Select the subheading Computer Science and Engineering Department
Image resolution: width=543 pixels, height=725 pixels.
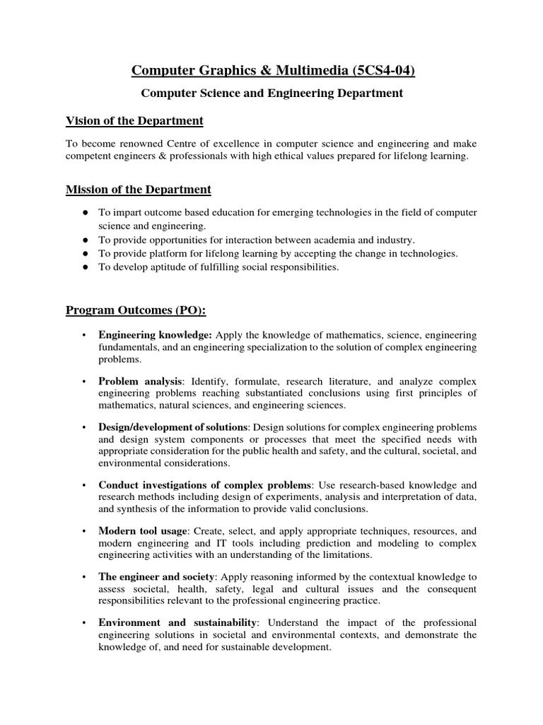[x=271, y=93]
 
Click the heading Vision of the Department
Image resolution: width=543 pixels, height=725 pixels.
[x=134, y=120]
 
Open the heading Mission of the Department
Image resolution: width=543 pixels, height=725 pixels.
[x=138, y=189]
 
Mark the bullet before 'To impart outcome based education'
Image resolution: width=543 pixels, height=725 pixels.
[x=85, y=212]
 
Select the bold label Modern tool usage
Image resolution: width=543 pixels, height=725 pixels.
[x=143, y=530]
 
